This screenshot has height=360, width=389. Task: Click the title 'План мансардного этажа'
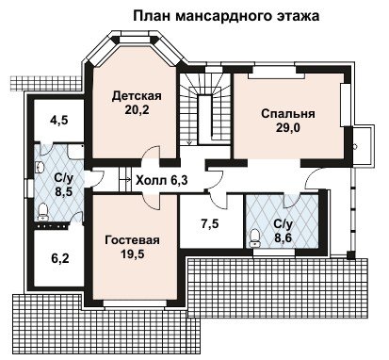tap(226, 16)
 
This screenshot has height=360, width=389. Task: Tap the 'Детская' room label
tap(137, 96)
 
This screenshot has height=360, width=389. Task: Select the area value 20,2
tap(137, 110)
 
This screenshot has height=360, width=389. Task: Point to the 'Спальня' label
tap(288, 113)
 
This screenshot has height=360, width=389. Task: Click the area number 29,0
tap(288, 128)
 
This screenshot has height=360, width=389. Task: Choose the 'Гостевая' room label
tap(133, 240)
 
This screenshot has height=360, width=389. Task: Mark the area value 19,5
tap(133, 254)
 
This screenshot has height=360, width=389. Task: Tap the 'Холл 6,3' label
tap(162, 180)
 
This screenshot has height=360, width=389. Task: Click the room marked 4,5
tap(59, 120)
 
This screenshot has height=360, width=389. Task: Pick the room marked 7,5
tap(210, 224)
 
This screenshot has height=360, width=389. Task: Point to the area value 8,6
tap(284, 237)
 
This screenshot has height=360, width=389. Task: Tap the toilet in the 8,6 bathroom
tap(254, 238)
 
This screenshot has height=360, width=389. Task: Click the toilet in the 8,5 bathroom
tap(42, 211)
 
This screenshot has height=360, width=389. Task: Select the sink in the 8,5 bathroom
tap(40, 167)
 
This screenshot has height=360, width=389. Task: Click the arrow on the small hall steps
tap(127, 180)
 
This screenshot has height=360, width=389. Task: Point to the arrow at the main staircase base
tap(189, 142)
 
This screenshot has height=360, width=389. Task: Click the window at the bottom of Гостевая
tap(136, 303)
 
